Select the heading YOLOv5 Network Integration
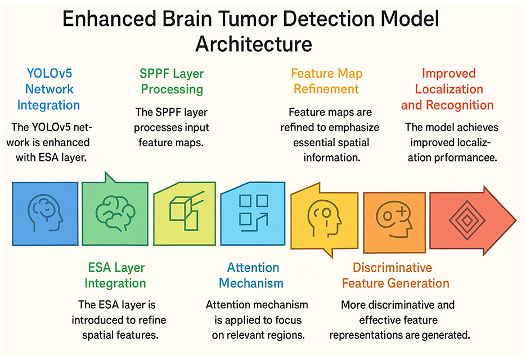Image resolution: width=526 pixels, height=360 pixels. tap(48, 89)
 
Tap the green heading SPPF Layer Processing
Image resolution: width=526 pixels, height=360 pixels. tap(172, 81)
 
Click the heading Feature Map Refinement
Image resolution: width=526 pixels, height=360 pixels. tap(326, 81)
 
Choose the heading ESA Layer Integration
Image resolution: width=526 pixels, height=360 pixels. tap(116, 275)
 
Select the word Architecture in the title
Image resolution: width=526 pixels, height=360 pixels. tap(254, 44)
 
